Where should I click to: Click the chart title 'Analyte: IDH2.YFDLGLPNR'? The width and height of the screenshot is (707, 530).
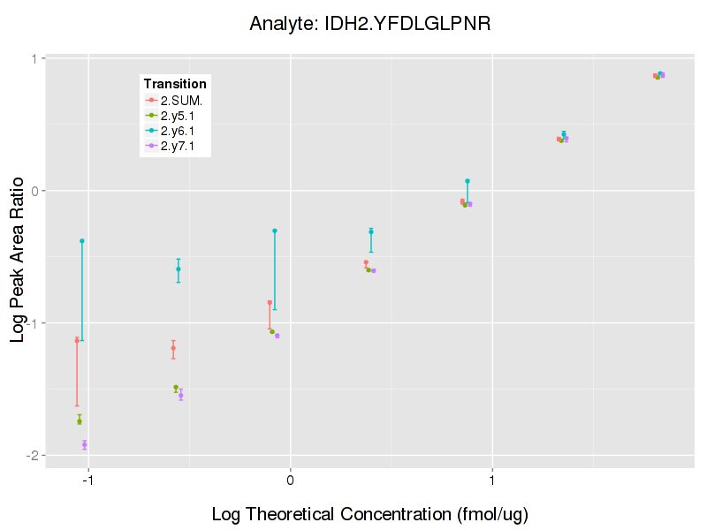tap(370, 24)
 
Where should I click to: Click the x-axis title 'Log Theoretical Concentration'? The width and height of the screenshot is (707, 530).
tap(369, 513)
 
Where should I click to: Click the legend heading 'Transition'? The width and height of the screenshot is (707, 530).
tap(175, 84)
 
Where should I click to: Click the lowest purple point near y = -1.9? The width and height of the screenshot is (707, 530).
tap(85, 444)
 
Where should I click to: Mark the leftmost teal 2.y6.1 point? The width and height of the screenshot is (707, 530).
tap(82, 241)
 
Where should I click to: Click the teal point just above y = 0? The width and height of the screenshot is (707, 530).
tap(468, 181)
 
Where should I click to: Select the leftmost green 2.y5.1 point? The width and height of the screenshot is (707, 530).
tap(80, 421)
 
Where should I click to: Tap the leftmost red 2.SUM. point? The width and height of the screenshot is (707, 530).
tap(77, 340)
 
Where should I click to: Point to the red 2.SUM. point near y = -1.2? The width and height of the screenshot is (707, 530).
tap(173, 348)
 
